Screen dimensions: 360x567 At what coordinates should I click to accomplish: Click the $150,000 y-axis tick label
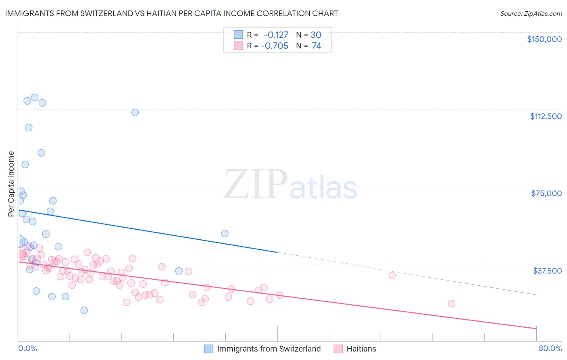point(544,39)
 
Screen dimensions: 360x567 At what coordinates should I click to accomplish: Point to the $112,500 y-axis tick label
point(546,116)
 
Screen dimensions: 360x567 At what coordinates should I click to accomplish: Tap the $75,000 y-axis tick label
point(546,193)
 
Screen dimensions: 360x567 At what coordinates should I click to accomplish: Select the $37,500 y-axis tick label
point(547,271)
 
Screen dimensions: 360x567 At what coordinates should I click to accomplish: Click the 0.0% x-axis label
point(27,348)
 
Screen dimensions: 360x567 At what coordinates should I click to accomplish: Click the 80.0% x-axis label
point(550,348)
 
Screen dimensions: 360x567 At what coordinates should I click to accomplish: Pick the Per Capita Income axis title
point(11,184)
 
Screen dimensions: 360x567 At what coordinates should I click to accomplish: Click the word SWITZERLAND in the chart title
point(103,13)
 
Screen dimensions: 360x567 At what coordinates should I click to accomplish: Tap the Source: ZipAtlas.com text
point(531,13)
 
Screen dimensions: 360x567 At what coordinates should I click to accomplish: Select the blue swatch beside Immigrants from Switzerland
point(208,349)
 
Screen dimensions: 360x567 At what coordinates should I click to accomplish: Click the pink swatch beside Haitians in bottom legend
point(338,349)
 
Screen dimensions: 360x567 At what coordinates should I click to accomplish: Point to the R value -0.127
point(276,35)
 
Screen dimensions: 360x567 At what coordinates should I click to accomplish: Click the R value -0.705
point(275,46)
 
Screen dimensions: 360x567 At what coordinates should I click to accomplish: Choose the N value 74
point(316,46)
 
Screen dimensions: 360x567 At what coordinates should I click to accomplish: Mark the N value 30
point(316,35)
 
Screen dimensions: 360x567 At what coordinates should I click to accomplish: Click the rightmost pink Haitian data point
point(451,303)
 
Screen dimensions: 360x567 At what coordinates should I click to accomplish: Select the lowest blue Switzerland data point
point(84,310)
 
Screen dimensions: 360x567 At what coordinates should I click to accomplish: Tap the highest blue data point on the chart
point(35,97)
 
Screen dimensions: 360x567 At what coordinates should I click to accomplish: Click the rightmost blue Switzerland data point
point(225,234)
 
